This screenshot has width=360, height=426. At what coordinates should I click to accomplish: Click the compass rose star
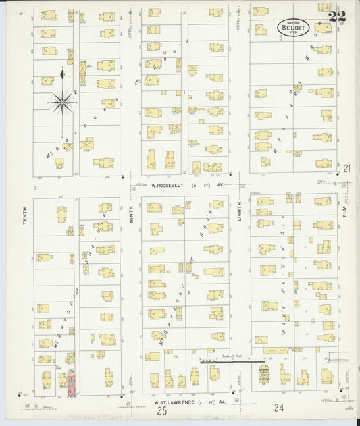click(x=62, y=103)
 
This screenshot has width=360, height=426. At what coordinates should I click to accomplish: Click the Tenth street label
click(x=25, y=215)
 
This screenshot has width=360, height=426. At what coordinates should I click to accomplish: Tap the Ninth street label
click(x=132, y=215)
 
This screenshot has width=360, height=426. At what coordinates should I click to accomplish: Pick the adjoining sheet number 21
click(x=346, y=168)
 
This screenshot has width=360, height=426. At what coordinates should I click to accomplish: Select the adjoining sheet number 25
click(x=162, y=410)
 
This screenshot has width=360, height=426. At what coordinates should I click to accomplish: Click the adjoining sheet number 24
click(x=279, y=407)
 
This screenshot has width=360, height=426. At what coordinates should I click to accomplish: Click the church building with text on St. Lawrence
click(x=263, y=374)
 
